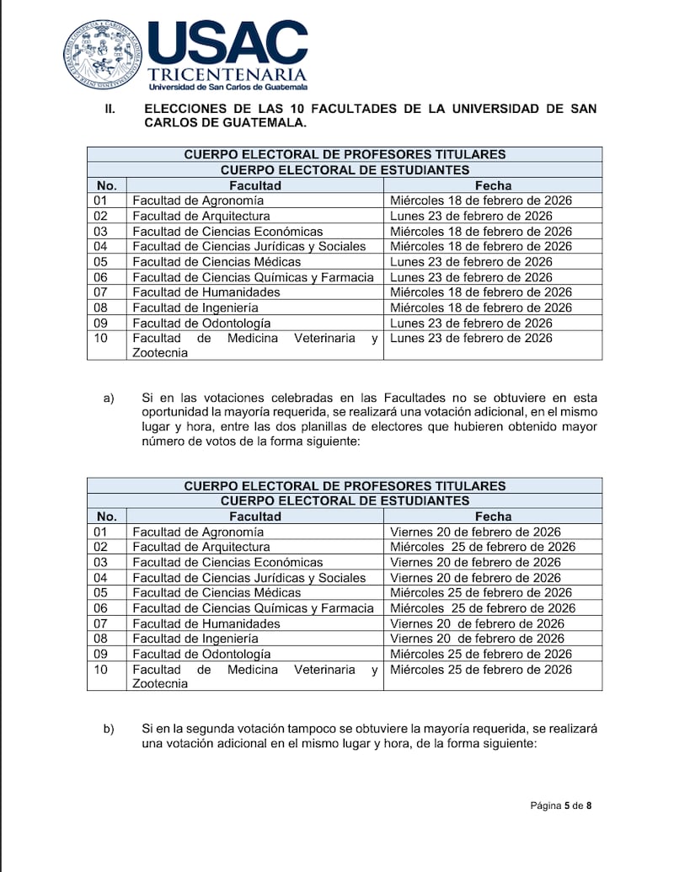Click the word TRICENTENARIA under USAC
(227, 74)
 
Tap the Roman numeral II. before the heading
(110, 109)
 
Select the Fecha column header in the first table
(493, 185)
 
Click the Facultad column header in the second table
(255, 516)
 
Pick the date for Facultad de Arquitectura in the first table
(471, 216)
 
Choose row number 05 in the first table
(101, 262)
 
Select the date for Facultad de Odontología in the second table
(481, 654)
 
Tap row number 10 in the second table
(101, 670)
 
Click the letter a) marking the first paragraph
(109, 398)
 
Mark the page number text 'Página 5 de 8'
(560, 806)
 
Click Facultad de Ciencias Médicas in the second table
(205, 593)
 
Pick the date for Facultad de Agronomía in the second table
(475, 532)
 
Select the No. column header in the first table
(107, 185)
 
